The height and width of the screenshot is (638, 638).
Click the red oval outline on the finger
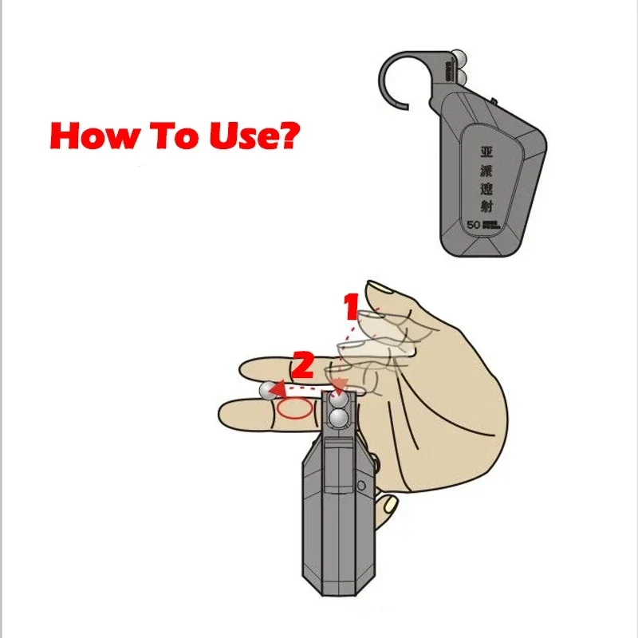pyautogui.click(x=293, y=409)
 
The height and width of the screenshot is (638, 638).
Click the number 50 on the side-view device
pyautogui.click(x=472, y=226)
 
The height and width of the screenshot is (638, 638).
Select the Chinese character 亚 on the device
pyautogui.click(x=486, y=150)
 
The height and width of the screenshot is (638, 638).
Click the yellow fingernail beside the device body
pyautogui.click(x=388, y=505)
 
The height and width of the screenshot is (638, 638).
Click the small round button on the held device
pyautogui.click(x=361, y=484)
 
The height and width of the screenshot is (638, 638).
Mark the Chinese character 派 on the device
pyautogui.click(x=486, y=169)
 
